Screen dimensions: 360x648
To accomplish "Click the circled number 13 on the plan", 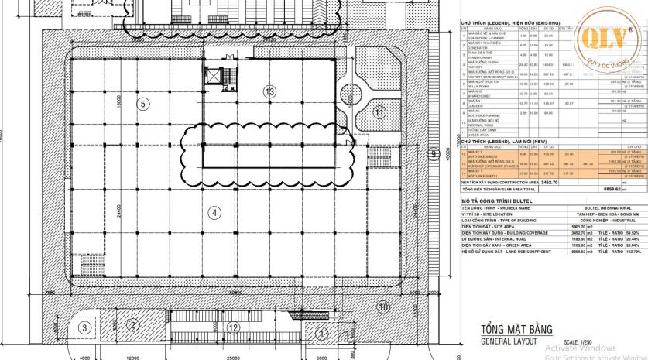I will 269,91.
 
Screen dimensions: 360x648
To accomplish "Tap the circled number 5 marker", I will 142,103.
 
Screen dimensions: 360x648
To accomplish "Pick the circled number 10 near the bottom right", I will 382,307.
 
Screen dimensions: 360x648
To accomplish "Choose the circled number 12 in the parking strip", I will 232,327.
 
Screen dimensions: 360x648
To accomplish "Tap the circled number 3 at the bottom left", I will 83,327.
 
